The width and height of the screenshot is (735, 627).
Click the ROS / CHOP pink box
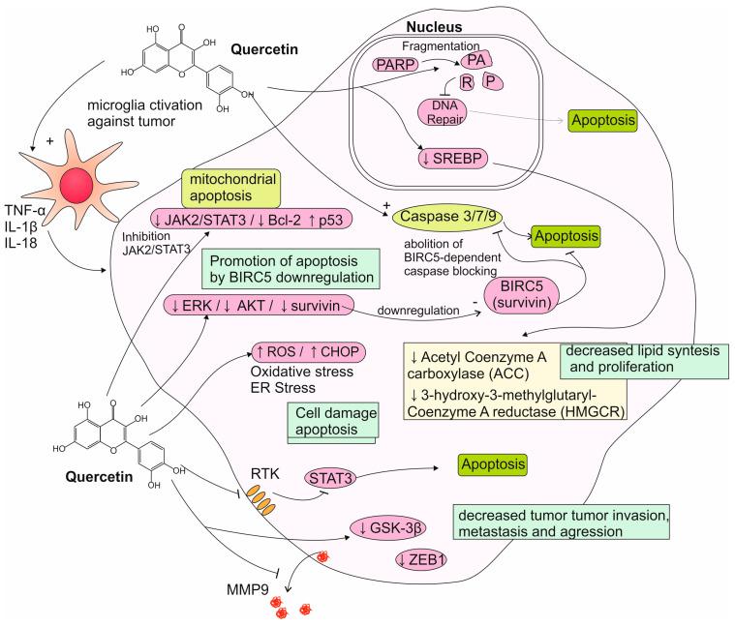301,355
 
